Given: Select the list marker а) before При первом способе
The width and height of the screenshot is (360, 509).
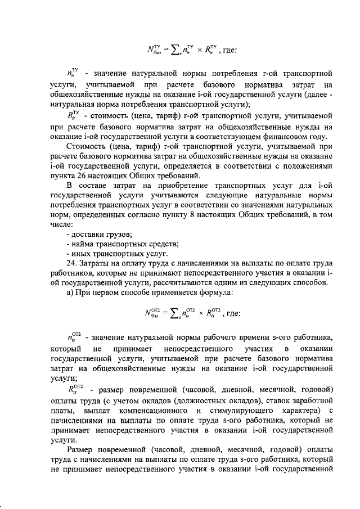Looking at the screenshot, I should [x=70, y=292].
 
